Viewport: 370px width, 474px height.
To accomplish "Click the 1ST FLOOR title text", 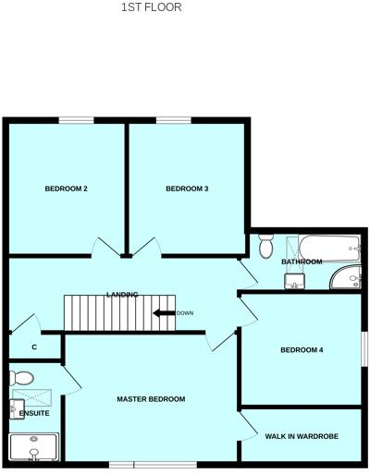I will (151, 7).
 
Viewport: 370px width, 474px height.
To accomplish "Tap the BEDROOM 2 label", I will (66, 189).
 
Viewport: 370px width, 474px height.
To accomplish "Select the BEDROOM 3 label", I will (187, 189).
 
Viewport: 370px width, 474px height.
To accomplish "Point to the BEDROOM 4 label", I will (302, 349).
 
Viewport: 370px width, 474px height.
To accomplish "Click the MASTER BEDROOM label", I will (151, 399).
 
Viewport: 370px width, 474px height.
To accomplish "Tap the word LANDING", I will (122, 295).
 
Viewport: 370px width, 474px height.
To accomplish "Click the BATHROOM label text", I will (302, 262).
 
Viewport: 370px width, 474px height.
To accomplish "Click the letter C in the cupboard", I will (34, 347).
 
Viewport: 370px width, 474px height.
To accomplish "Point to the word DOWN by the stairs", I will (185, 313).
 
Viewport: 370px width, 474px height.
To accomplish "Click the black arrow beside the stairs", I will (164, 313).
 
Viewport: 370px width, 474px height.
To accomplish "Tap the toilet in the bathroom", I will (266, 246).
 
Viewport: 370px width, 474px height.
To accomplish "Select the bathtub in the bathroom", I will (324, 246).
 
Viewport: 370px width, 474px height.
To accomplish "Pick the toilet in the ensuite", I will (22, 377).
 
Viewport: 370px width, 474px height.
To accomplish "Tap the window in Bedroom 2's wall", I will (76, 119).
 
